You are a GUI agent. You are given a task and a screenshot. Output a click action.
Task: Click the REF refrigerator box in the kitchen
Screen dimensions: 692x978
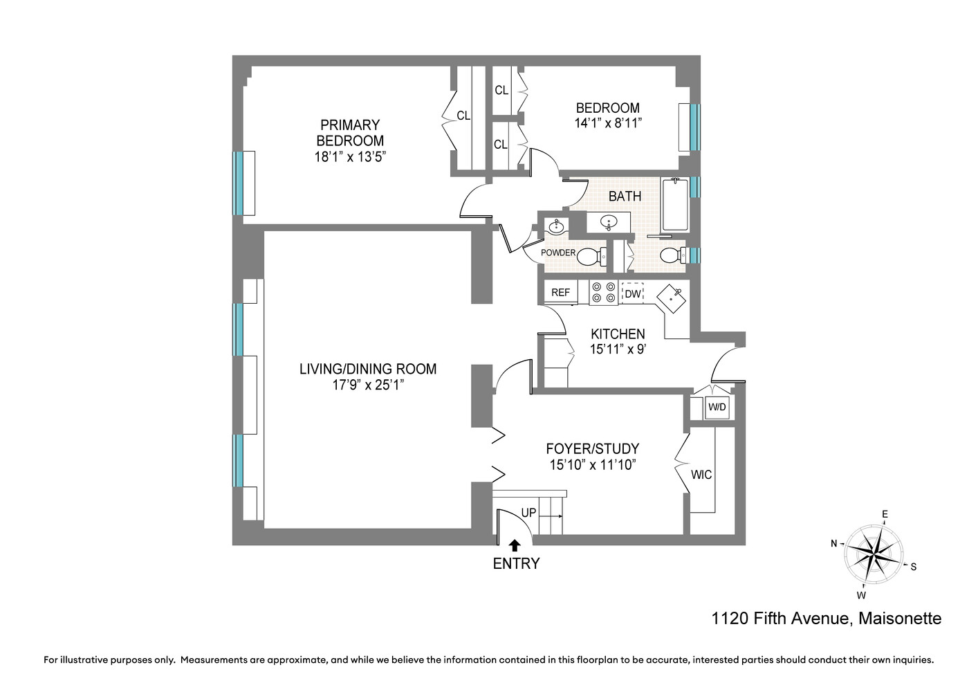[x=560, y=293]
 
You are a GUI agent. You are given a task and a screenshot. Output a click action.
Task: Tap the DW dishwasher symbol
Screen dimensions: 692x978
[x=632, y=293]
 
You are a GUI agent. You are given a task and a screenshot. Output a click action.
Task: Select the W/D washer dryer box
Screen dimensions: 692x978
[x=717, y=408]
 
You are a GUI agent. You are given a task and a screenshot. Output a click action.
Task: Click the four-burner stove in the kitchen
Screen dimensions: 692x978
[x=603, y=293]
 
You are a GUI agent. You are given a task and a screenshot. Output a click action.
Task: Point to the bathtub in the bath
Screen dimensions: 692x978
[x=675, y=205]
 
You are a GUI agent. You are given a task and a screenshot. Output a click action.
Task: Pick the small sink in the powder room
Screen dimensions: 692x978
[x=556, y=226]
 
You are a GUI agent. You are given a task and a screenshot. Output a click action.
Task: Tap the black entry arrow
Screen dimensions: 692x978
[x=515, y=545]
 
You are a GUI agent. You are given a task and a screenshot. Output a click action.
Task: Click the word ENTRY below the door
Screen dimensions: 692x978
[x=516, y=564]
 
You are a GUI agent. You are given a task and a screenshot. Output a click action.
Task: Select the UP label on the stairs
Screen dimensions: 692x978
[x=528, y=513]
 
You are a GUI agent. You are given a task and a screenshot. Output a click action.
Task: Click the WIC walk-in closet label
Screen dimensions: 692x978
[x=701, y=475]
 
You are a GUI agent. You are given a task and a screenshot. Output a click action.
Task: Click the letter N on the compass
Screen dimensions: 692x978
[x=834, y=544]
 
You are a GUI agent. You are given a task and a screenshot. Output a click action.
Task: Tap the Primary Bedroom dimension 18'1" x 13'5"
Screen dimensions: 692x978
[x=350, y=157]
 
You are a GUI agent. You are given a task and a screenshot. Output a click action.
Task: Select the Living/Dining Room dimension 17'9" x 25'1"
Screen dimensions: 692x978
[x=368, y=385]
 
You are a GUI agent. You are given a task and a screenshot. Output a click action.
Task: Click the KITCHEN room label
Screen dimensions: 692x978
[x=618, y=334]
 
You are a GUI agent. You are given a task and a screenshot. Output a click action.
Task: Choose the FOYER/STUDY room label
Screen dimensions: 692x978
[x=593, y=449]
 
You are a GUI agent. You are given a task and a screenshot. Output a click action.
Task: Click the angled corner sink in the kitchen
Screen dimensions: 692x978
[x=671, y=299]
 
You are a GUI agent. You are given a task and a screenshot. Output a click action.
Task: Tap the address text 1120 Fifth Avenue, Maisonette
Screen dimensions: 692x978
[x=827, y=618]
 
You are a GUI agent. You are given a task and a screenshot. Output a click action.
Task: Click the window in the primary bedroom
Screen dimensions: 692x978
[x=238, y=183]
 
